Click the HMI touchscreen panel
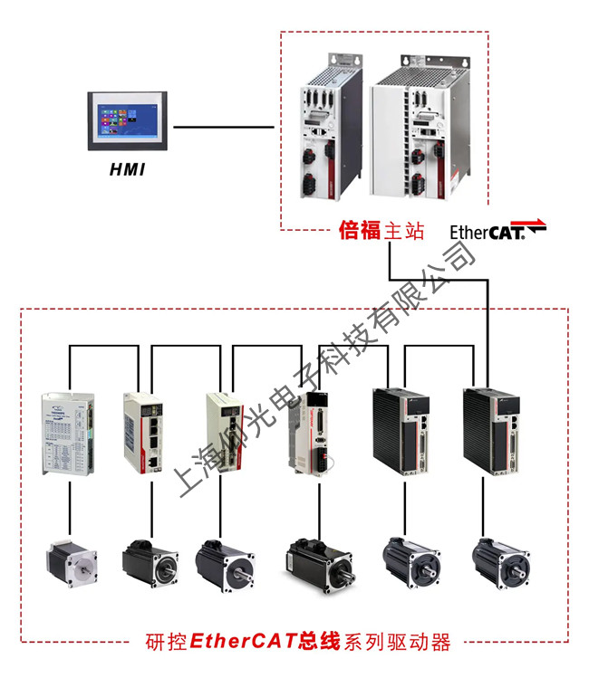click(128, 120)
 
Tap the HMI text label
click(127, 169)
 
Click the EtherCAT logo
click(498, 231)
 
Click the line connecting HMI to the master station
click(223, 127)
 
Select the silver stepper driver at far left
click(69, 433)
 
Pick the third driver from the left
click(223, 434)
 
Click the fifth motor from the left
click(412, 561)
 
